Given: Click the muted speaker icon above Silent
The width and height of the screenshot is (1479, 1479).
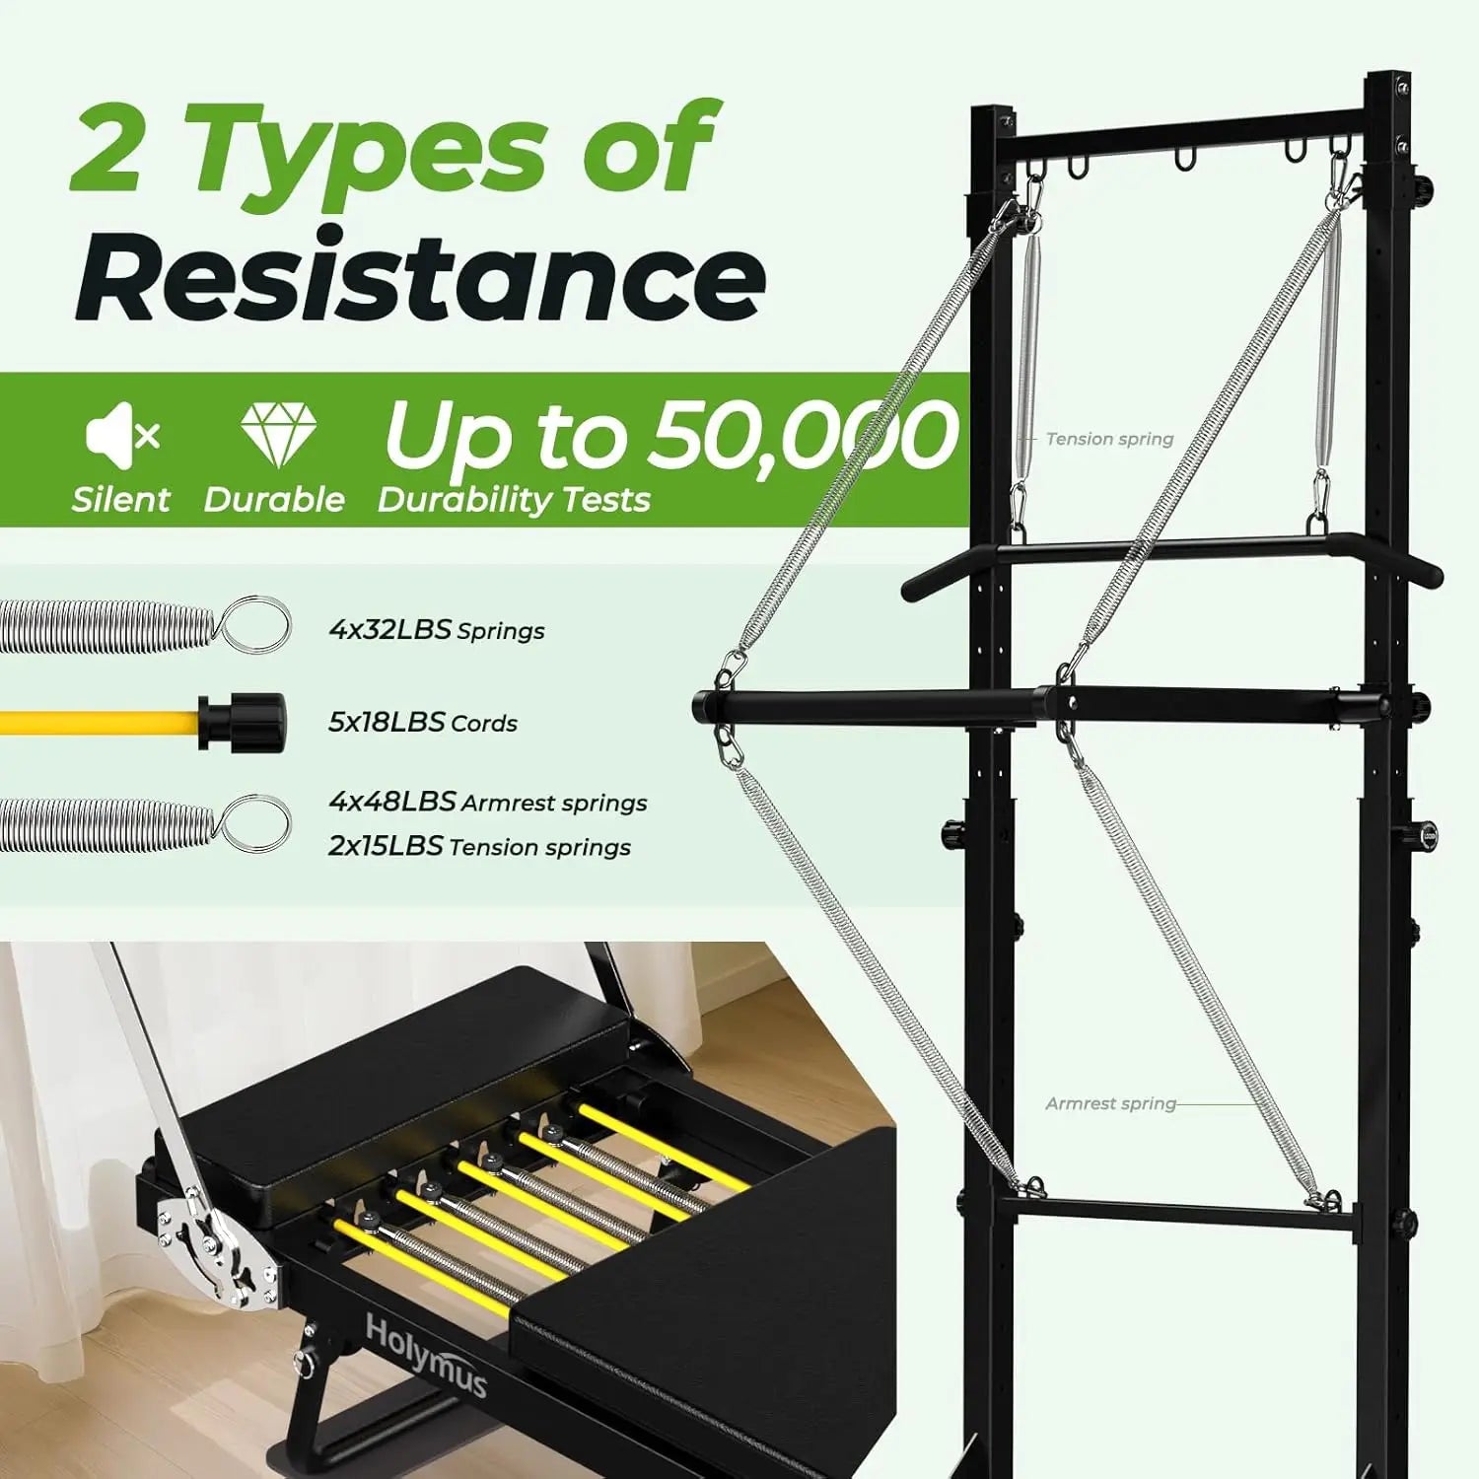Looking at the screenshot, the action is [122, 435].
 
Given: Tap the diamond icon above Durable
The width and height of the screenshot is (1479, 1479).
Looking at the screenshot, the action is [278, 435].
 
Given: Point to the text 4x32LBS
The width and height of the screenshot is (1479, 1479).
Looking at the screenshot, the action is [390, 629].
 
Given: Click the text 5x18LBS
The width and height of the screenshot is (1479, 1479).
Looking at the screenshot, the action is [387, 722].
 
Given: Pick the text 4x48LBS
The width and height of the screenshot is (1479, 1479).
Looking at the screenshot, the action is [392, 801].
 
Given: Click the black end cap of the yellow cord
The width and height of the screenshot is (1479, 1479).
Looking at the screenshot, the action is [243, 723].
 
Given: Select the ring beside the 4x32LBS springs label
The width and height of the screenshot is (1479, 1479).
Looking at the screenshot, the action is [255, 624].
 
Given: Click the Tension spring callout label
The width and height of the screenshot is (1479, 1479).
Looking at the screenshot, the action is [1109, 439].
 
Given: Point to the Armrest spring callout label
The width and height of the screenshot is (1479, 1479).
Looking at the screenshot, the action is [1110, 1103].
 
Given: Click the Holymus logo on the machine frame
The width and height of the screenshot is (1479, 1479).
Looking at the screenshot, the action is [426, 1357].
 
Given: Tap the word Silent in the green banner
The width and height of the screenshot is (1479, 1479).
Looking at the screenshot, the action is [120, 499].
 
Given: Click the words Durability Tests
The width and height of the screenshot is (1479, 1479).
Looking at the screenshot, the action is [514, 500].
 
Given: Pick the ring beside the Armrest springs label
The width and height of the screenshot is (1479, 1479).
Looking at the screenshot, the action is [255, 823].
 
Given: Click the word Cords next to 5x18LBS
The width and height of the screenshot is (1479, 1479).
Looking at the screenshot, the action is [484, 723].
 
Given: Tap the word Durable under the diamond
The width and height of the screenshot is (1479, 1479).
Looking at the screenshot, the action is [274, 499].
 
